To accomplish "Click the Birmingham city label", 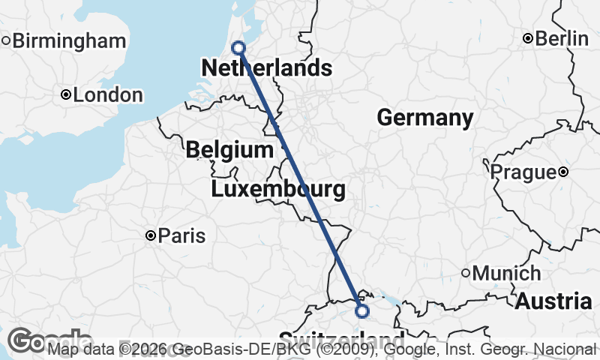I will coord(70,40).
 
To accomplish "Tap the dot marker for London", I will coord(66,94).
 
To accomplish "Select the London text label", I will coord(108,95).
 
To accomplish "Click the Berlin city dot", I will coord(528,38).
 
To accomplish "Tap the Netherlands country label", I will coord(266,68).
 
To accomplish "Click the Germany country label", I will coord(424,118).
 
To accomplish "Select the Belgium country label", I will coord(229,149).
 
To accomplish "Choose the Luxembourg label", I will coord(278,189).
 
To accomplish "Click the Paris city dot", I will coord(151,236).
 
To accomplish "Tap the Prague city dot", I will coord(563,172).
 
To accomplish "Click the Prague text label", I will coord(523,172).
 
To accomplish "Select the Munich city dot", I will coord(465,274).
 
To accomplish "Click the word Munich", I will coord(506,274).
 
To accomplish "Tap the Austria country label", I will coord(553,301).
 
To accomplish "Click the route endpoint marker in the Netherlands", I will coord(238,48).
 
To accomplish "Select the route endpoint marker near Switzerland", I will coord(362,310).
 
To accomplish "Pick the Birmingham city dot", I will coord(5,40).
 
